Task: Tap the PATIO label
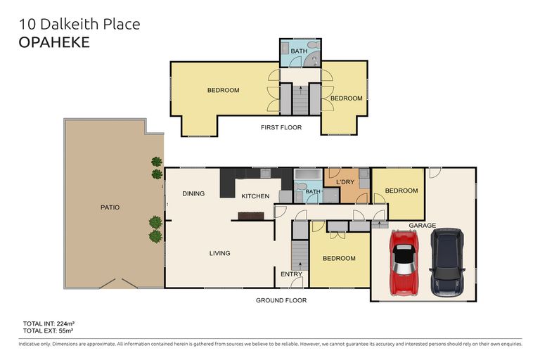pyautogui.click(x=110, y=207)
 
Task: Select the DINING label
pyautogui.click(x=193, y=193)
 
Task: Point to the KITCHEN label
pyautogui.click(x=255, y=196)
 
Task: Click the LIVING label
pyautogui.click(x=219, y=253)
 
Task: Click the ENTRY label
pyautogui.click(x=291, y=274)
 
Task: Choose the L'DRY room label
pyautogui.click(x=345, y=182)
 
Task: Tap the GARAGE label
pyautogui.click(x=423, y=226)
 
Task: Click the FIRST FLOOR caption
pyautogui.click(x=281, y=127)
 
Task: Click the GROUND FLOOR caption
pyautogui.click(x=281, y=300)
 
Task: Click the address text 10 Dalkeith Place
pyautogui.click(x=79, y=24)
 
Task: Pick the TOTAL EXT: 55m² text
pyautogui.click(x=49, y=330)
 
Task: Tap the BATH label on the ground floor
pyautogui.click(x=313, y=191)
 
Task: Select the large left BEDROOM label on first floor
pyautogui.click(x=223, y=90)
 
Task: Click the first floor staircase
pyautogui.click(x=300, y=98)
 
